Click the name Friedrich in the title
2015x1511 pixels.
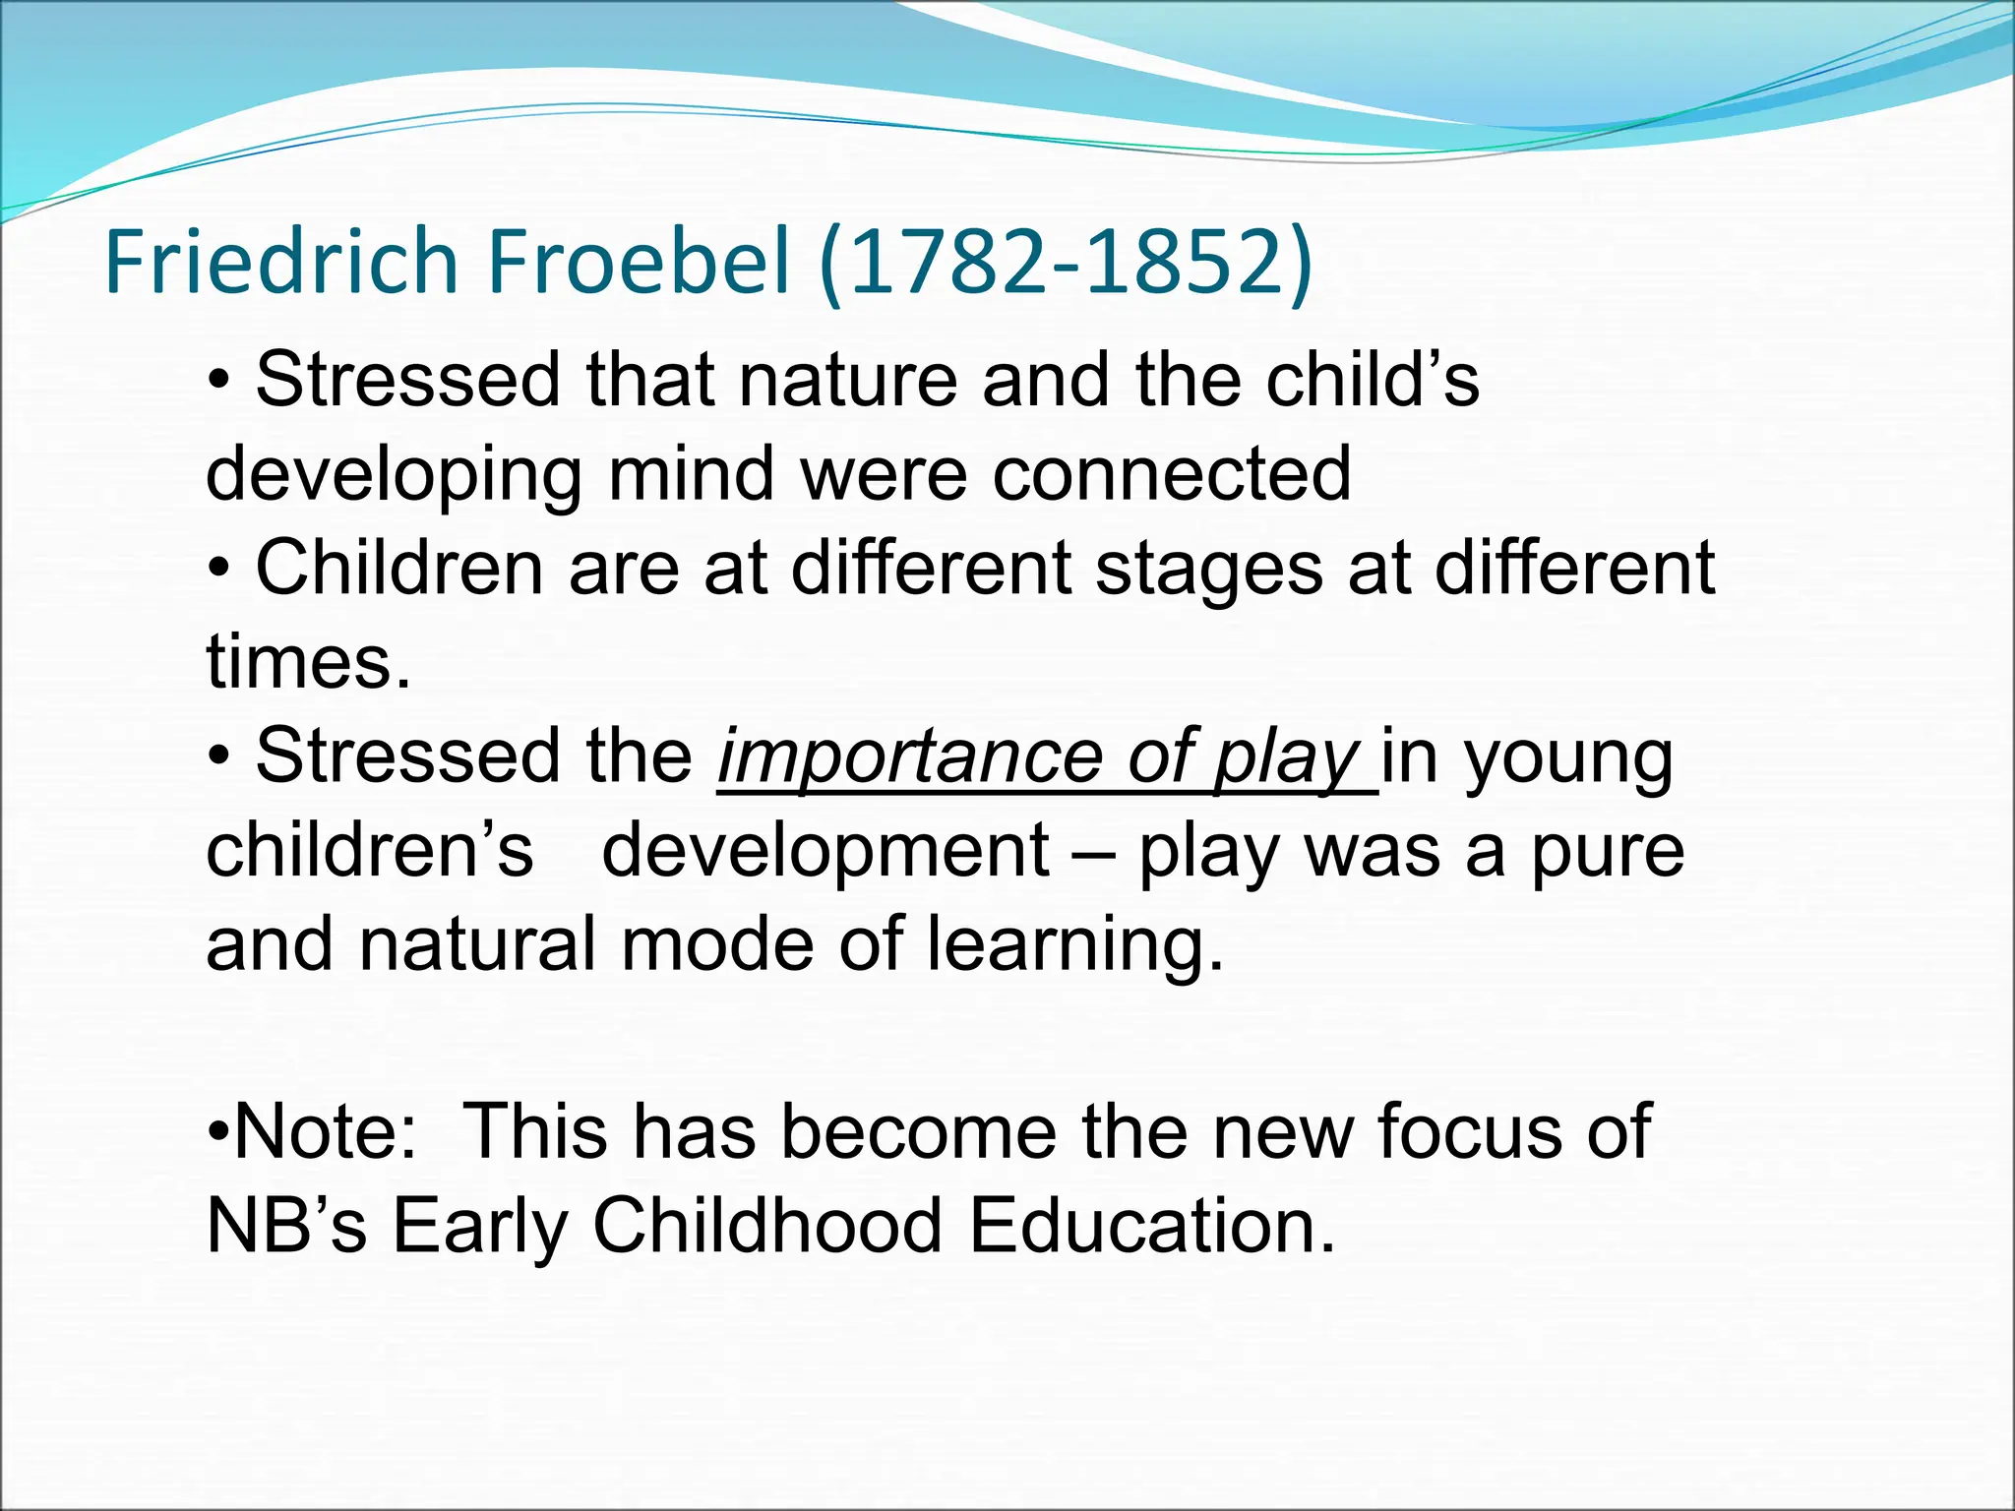pyautogui.click(x=281, y=262)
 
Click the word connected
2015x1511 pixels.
pyautogui.click(x=1171, y=474)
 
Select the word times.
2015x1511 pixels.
pyautogui.click(x=308, y=662)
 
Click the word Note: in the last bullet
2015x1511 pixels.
pyautogui.click(x=325, y=1131)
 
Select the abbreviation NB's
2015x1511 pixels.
pyautogui.click(x=286, y=1226)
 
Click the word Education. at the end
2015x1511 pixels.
pyautogui.click(x=1152, y=1226)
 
